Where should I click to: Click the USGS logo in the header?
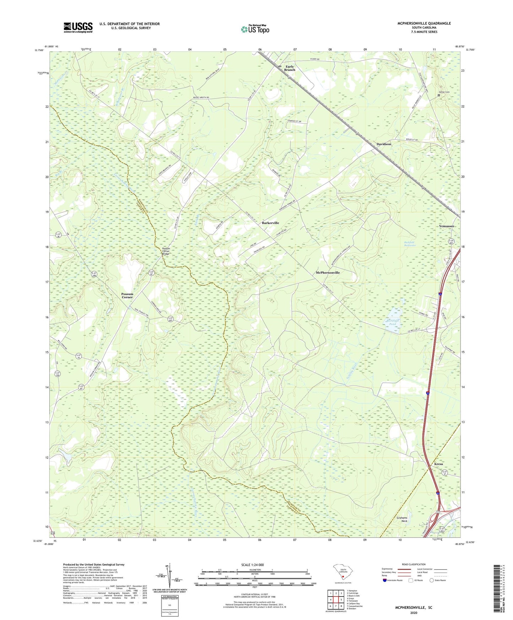78,27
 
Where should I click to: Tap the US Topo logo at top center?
255,29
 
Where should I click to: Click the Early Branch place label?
289,68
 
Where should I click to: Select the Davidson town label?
383,144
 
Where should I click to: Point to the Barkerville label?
270,223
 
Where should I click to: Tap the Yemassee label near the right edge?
446,226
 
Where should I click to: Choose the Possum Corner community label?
127,295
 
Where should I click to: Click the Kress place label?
438,464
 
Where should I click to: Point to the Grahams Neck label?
404,520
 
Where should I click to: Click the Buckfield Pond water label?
392,322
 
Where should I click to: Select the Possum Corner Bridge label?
166,251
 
